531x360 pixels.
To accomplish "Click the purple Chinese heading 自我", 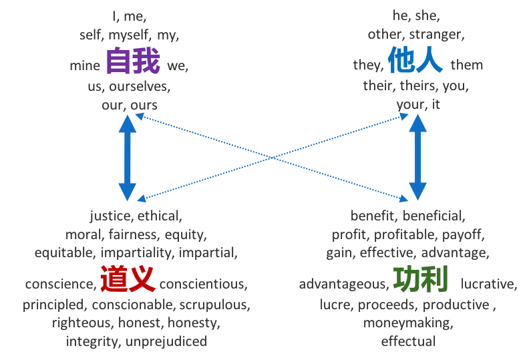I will tap(133, 61).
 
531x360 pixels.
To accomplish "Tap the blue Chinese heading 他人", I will tap(415, 61).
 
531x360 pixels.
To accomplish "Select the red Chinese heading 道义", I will tap(128, 279).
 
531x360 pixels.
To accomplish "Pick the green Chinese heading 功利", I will tap(420, 279).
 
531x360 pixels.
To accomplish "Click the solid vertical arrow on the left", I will tap(128, 158).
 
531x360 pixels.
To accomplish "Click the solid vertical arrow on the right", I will tap(417, 158).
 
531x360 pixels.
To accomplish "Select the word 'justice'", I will tap(111, 216).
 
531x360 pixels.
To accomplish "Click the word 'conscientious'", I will tap(203, 284).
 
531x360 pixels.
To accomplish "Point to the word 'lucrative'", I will tap(488, 284).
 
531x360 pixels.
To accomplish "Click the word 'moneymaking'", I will tap(408, 323).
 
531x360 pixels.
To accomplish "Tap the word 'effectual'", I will tap(408, 341).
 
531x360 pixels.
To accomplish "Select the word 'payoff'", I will tap(466, 234).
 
